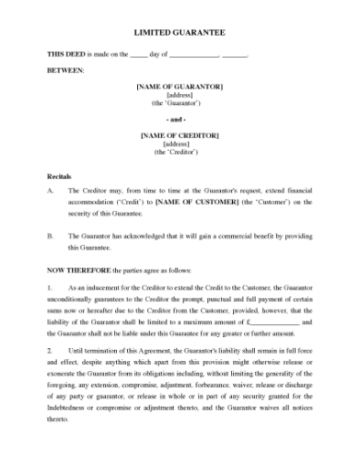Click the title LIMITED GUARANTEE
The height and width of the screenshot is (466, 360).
click(x=179, y=32)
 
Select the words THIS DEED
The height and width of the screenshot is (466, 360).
click(x=66, y=55)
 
